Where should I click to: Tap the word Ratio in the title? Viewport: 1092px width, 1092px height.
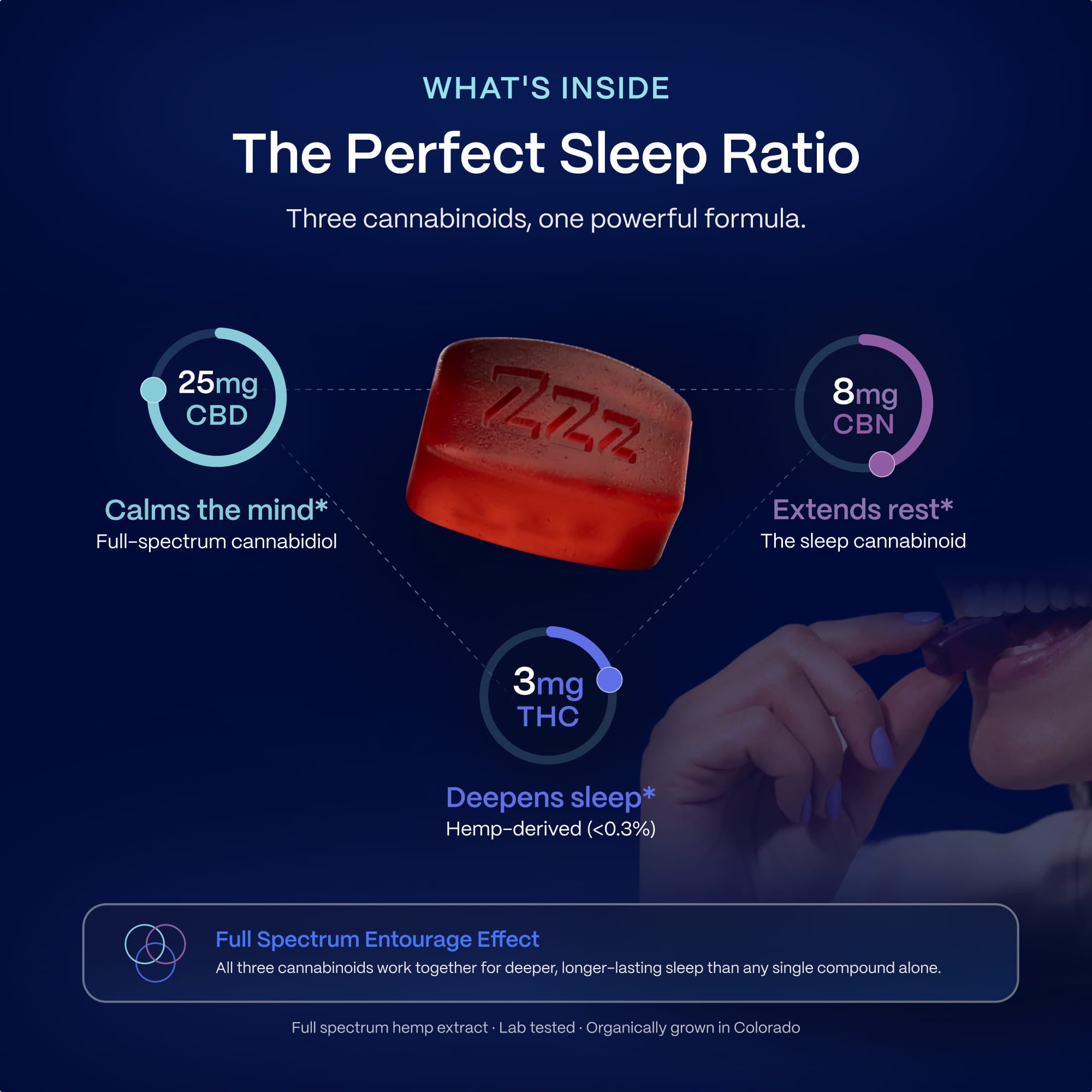[x=790, y=154]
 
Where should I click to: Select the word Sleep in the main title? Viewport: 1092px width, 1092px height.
[x=633, y=154]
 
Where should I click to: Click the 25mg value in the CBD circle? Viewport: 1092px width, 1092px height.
[x=218, y=383]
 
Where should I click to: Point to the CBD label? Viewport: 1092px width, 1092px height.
[x=217, y=416]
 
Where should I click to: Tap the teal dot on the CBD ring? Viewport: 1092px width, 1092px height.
[x=153, y=389]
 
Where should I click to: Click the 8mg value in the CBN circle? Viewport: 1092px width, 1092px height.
[x=864, y=391]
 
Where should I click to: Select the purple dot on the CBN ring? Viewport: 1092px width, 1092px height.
[x=881, y=464]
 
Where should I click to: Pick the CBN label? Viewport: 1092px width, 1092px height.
[x=863, y=424]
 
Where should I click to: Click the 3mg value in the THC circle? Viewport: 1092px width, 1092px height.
[x=548, y=681]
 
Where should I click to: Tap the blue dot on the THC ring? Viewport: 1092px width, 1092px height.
[x=609, y=679]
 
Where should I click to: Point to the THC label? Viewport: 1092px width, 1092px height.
[x=548, y=717]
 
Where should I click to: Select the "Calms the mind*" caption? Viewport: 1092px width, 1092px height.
[x=216, y=510]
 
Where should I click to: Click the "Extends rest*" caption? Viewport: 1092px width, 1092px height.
[x=863, y=509]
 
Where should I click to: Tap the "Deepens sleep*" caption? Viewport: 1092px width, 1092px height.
[x=550, y=798]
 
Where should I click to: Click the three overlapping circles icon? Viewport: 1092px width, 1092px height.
[x=155, y=953]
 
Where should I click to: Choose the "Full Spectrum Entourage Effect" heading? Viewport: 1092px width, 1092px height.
[x=377, y=939]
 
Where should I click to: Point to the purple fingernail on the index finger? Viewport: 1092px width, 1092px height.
[x=921, y=617]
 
